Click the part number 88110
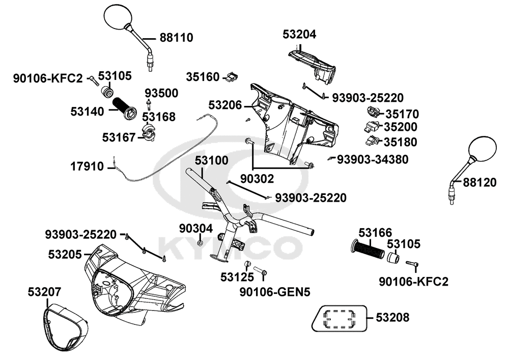click(x=176, y=38)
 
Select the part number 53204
click(x=299, y=35)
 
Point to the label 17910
click(x=87, y=167)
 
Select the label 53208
click(x=392, y=318)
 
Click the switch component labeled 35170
click(x=374, y=113)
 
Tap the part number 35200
click(x=401, y=127)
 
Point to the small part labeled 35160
click(x=232, y=77)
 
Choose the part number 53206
click(x=225, y=105)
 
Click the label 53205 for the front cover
click(x=65, y=253)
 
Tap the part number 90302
click(x=257, y=179)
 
